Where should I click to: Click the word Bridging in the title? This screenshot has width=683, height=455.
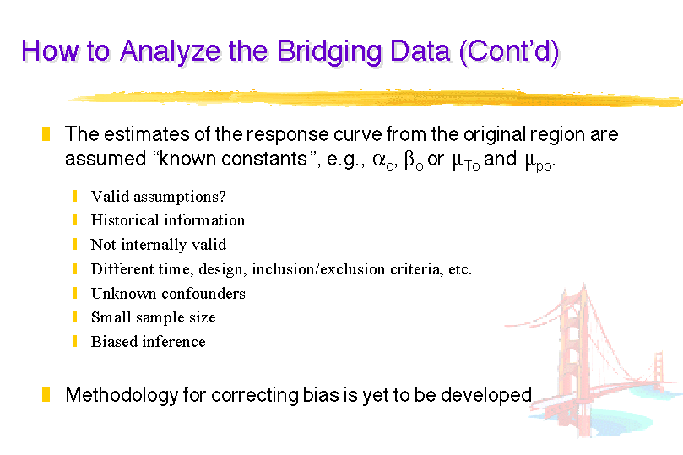point(330,52)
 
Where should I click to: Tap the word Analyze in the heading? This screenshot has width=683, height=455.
point(171,52)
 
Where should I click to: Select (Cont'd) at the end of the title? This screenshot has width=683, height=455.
point(509,52)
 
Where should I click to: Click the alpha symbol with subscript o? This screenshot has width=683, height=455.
point(383,160)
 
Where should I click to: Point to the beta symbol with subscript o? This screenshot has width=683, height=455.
point(414,160)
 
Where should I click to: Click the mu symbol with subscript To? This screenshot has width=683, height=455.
point(466,161)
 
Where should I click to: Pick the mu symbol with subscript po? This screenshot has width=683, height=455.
point(539,162)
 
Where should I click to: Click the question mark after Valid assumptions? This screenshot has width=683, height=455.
point(222,196)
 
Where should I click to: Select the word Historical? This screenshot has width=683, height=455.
point(125,219)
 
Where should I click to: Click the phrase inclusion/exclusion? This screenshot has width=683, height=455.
point(319,268)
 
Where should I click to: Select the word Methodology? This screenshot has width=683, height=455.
point(122,395)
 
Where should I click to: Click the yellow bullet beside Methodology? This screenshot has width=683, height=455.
point(46,394)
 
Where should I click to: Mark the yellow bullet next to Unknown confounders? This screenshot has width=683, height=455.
point(75,293)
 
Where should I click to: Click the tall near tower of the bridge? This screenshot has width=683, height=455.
point(574,357)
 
